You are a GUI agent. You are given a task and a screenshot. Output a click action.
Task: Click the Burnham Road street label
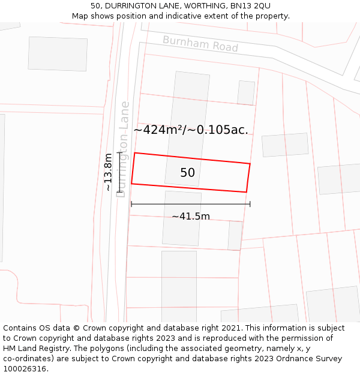coord(200,43)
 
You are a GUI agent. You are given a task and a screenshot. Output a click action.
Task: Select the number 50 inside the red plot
coord(187,173)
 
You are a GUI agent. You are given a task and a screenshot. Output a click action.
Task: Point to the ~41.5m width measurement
coord(191,216)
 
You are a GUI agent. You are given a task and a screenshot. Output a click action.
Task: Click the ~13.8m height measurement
coord(108,172)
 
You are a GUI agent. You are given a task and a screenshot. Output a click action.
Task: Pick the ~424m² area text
coord(160,130)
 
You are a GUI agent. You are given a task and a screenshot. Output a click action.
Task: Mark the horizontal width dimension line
coord(191,204)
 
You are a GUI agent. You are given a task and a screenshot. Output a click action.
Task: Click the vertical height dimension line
coord(120,172)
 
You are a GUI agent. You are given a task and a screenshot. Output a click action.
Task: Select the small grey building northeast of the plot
coord(246,92)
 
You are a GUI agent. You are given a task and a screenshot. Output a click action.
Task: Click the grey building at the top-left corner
coord(58,53)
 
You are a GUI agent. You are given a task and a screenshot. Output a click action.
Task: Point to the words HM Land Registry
coord(31,349)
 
